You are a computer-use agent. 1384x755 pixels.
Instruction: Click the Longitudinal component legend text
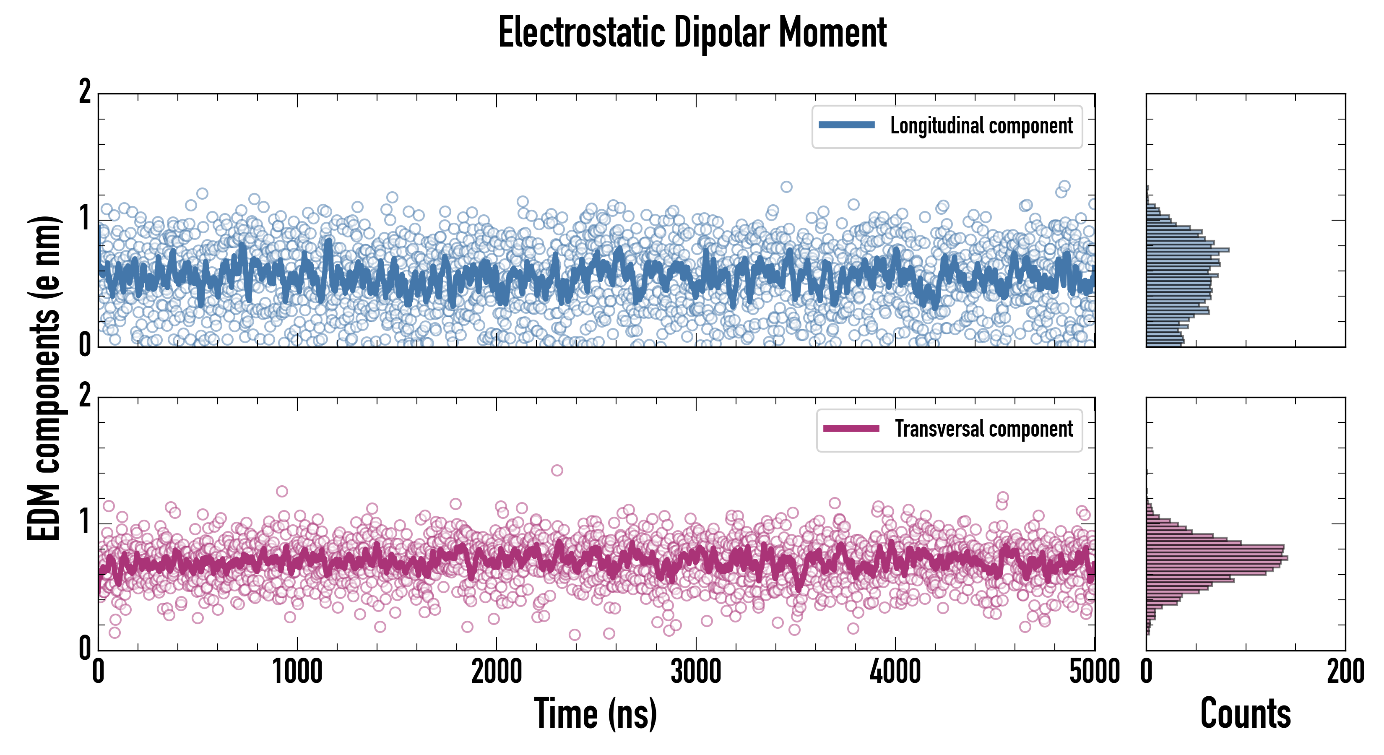pyautogui.click(x=981, y=126)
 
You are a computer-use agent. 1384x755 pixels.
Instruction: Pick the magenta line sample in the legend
pyautogui.click(x=851, y=429)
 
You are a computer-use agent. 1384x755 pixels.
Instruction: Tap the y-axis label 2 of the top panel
pyautogui.click(x=85, y=92)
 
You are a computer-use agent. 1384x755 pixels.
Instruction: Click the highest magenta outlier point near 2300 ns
pyautogui.click(x=557, y=471)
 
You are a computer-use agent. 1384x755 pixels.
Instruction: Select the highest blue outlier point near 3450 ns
pyautogui.click(x=786, y=187)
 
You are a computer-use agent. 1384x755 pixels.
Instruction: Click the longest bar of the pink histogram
pyautogui.click(x=1217, y=558)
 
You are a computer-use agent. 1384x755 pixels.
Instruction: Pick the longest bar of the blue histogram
pyautogui.click(x=1187, y=250)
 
